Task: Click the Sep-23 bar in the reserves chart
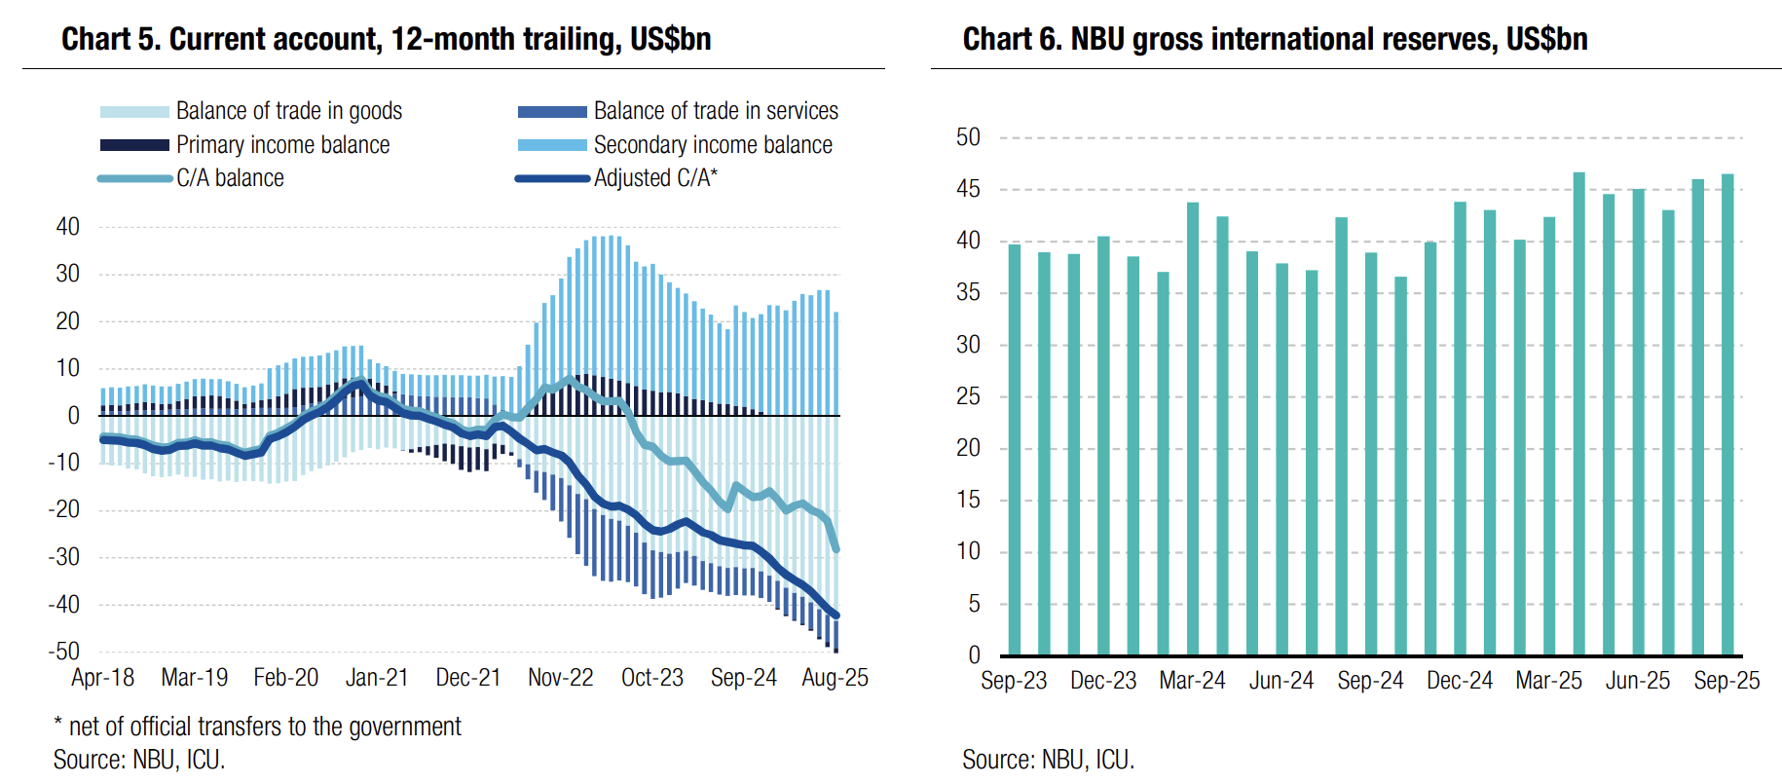1014,449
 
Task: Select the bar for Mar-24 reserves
1193,429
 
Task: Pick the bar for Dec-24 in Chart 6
1460,429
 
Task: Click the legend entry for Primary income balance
282,145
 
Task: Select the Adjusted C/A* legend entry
655,178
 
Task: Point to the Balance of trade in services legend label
716,111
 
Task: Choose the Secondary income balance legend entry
713,145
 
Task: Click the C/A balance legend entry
230,178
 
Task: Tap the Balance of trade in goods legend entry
288,111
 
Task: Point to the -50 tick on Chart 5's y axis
65,651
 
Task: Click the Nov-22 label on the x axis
560,678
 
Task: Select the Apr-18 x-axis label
102,678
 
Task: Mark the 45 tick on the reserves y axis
968,189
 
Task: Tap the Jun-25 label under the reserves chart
1638,681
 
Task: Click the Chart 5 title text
386,39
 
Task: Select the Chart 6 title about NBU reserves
1275,39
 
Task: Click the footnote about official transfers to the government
257,727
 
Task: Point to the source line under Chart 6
1048,760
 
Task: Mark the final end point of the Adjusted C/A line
835,616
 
